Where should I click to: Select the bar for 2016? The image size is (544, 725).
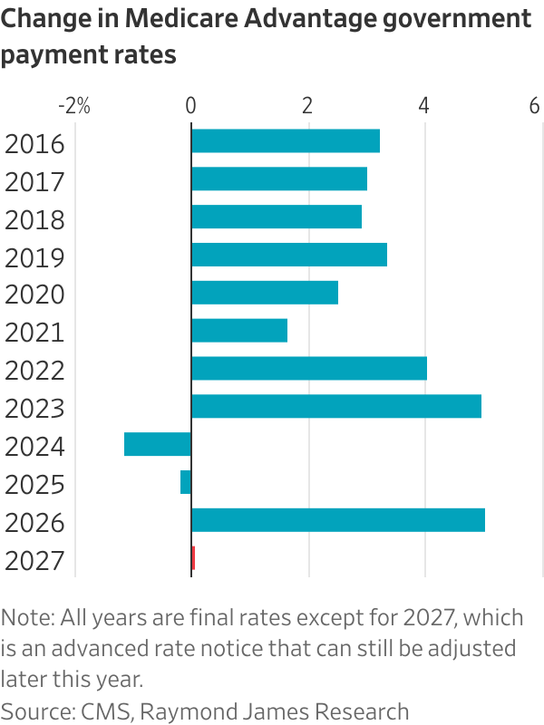click(285, 141)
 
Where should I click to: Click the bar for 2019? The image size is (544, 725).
click(288, 255)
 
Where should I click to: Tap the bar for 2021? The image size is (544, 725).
click(238, 331)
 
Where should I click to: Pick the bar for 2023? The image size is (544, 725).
click(335, 406)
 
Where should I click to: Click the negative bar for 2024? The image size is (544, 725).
click(157, 444)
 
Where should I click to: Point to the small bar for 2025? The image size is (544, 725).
click(186, 482)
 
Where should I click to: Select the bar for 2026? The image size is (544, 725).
click(337, 520)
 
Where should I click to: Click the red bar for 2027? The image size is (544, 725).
click(193, 558)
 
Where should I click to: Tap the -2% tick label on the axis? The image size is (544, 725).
click(73, 106)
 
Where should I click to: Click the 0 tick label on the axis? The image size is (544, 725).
click(190, 106)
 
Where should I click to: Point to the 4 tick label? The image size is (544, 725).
click(424, 106)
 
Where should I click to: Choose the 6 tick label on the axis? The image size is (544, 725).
click(535, 106)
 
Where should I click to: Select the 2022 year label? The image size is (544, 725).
click(34, 370)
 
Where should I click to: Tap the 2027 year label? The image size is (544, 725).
click(34, 560)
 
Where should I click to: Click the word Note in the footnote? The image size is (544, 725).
click(25, 618)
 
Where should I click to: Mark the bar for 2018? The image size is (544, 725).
click(277, 217)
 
